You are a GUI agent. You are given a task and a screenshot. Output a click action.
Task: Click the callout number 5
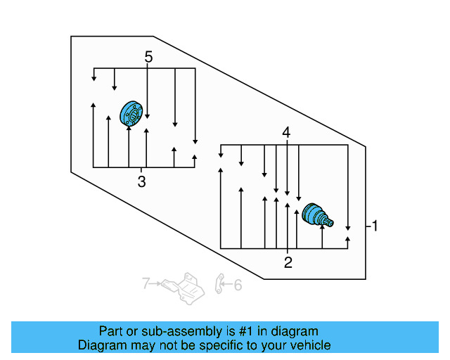pyautogui.click(x=148, y=57)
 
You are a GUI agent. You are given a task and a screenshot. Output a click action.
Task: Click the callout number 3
pyautogui.click(x=141, y=183)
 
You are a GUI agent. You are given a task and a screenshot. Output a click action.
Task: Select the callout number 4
pyautogui.click(x=286, y=132)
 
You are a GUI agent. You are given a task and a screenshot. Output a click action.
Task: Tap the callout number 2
pyautogui.click(x=288, y=263)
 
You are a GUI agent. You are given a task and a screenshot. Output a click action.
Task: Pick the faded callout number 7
pyautogui.click(x=146, y=284)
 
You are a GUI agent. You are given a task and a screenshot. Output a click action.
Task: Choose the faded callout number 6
pyautogui.click(x=237, y=285)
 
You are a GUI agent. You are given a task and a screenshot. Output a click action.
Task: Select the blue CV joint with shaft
pyautogui.click(x=316, y=216)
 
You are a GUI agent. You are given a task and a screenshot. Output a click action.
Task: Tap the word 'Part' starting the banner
pyautogui.click(x=110, y=331)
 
